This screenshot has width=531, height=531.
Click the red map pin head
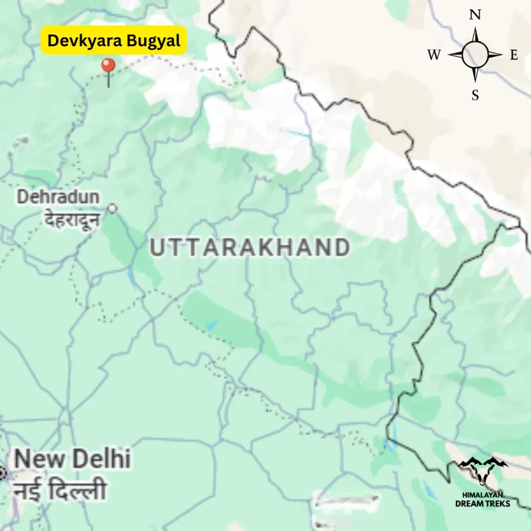[x=108, y=66]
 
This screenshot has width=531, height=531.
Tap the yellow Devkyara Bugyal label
[x=114, y=40]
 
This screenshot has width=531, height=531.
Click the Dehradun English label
[x=58, y=197]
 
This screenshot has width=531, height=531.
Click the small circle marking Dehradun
[x=112, y=208]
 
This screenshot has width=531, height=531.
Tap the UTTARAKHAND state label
[x=249, y=248]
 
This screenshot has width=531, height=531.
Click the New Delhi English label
[x=72, y=459]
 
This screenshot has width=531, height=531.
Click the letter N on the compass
[x=475, y=15]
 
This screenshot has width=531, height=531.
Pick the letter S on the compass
[x=475, y=95]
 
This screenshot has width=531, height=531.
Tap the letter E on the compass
[x=514, y=55]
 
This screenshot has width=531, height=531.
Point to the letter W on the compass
[x=434, y=55]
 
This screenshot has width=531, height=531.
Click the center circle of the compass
[x=475, y=55]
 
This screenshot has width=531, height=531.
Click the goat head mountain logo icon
[x=483, y=472]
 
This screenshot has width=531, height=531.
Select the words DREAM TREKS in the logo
[x=483, y=503]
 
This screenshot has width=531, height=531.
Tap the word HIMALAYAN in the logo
[x=483, y=495]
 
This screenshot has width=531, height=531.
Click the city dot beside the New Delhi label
[x=2, y=473]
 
